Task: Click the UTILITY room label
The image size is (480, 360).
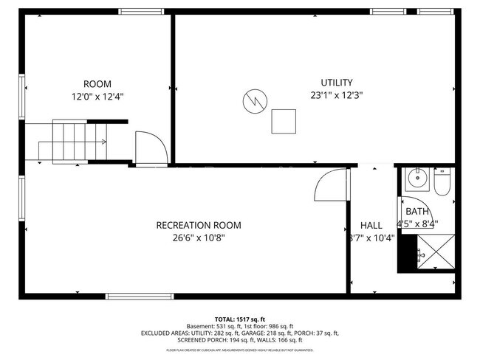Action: point(336,83)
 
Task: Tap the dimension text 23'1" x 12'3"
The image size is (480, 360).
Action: point(336,94)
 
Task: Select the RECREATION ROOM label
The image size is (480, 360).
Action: point(198,225)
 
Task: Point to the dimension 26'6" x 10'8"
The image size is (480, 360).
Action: point(198,238)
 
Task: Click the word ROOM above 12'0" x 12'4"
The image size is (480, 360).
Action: point(97,84)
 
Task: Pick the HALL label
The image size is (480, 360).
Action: point(371,225)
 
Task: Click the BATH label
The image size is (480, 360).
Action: point(416,212)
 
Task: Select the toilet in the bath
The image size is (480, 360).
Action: point(442,183)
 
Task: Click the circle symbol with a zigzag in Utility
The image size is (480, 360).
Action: point(254,100)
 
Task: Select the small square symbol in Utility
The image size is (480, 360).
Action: point(284,121)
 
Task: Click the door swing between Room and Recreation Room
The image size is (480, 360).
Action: point(147,147)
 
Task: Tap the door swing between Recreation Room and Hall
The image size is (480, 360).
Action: point(329,184)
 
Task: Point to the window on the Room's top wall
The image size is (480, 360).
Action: point(141,11)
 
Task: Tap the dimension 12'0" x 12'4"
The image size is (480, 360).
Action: point(97,97)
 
